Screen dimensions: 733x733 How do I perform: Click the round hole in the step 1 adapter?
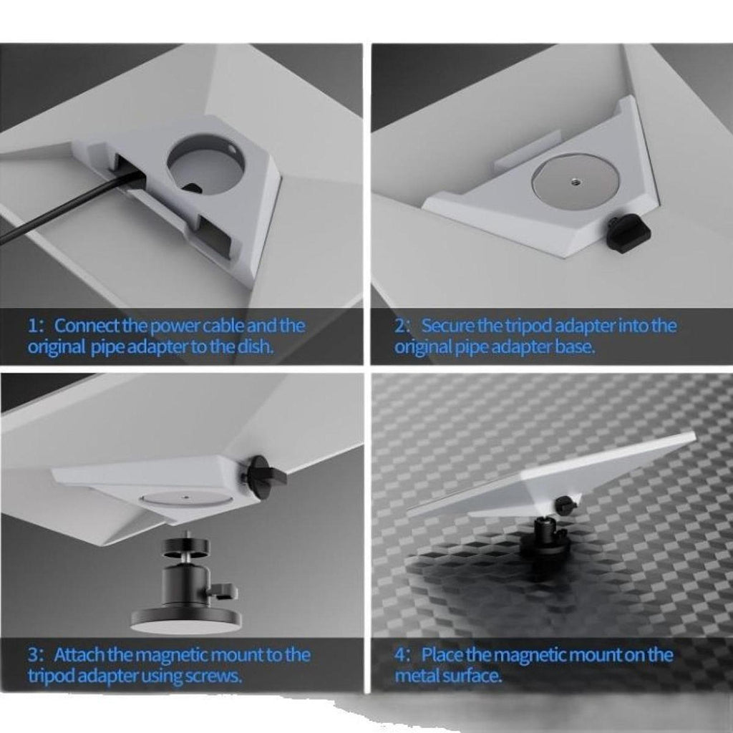[205, 164]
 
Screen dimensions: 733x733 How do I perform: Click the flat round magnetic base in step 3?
[186, 617]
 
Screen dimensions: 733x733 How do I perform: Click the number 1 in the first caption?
[34, 326]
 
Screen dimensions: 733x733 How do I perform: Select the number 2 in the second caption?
[400, 326]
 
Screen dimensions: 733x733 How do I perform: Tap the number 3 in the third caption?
[34, 655]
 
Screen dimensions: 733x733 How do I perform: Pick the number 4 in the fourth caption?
[400, 655]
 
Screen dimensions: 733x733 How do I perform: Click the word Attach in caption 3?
[80, 655]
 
